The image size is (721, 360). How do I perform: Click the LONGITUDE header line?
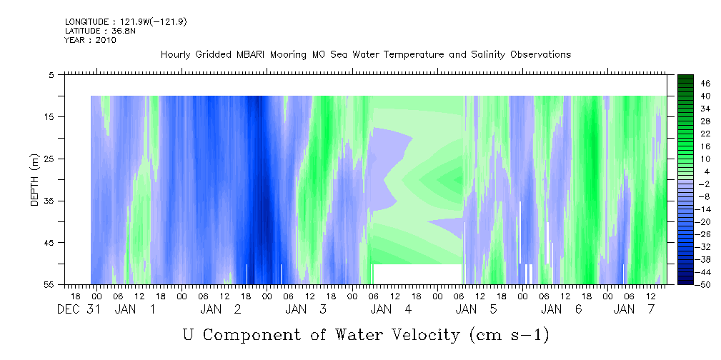126,21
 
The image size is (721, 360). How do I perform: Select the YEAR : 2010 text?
91,40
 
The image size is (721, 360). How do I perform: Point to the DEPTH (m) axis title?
35,180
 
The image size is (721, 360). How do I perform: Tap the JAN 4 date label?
391,309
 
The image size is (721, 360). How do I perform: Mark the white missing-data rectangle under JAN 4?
417,274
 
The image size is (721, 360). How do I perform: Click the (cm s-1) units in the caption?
509,335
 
